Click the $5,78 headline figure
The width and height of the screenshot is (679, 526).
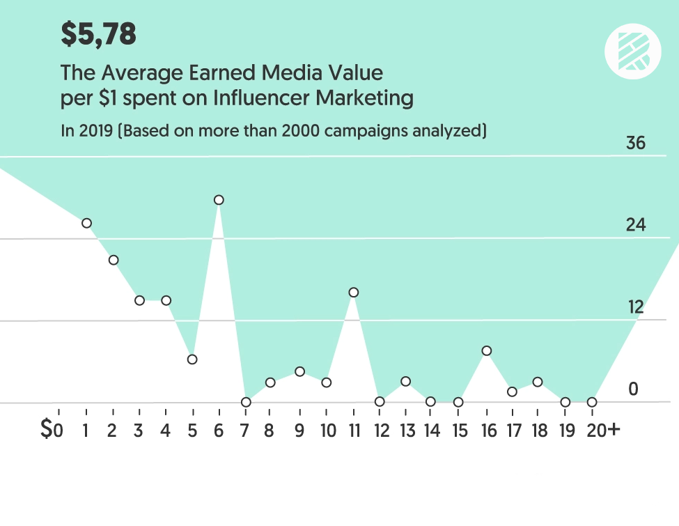tap(98, 34)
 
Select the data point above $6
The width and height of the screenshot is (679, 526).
tap(219, 200)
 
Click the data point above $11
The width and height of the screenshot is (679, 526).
tap(354, 293)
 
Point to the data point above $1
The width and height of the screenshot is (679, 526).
tap(86, 223)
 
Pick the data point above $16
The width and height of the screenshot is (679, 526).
tap(487, 350)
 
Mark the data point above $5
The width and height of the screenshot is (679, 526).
tap(192, 359)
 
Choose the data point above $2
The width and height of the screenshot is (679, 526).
tap(113, 260)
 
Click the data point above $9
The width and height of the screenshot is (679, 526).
tap(299, 371)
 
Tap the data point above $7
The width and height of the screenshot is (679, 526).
tap(246, 402)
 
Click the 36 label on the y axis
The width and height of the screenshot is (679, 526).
tap(636, 144)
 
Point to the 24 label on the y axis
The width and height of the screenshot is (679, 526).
tap(636, 225)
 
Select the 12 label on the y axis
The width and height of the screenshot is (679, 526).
tap(635, 307)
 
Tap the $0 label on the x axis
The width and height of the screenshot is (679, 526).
tap(52, 430)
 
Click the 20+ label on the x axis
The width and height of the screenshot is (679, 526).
tap(602, 430)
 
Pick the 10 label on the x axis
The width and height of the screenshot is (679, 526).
tap(327, 430)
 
